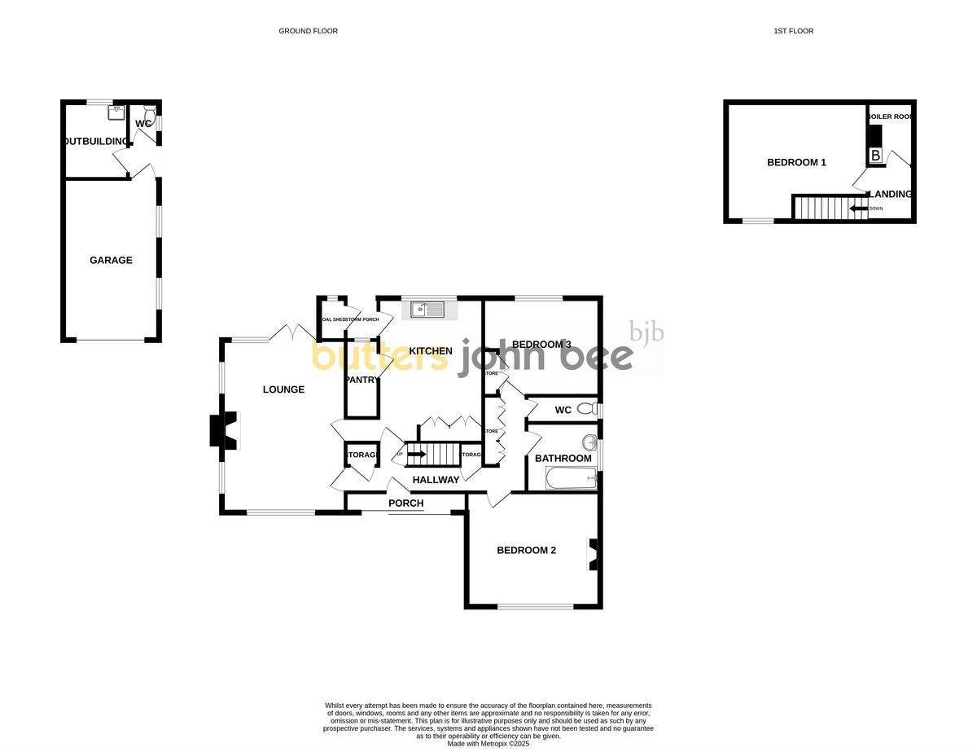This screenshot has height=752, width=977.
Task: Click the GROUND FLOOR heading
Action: click(x=308, y=31)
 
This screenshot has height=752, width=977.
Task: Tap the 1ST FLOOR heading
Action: click(x=793, y=31)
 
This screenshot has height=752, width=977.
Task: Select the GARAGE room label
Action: click(x=111, y=261)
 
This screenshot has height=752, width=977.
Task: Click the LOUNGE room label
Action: click(x=283, y=389)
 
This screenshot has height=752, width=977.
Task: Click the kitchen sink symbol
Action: click(x=427, y=309)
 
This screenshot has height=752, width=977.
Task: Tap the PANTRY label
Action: click(x=361, y=380)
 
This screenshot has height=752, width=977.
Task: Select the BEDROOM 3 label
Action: click(x=533, y=345)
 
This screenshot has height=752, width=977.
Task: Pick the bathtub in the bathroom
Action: click(x=571, y=478)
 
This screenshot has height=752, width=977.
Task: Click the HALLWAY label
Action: click(x=436, y=480)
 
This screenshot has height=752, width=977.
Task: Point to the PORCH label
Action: click(x=405, y=504)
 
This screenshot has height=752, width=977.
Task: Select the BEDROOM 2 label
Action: click(x=526, y=550)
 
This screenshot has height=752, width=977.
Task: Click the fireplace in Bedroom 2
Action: click(x=592, y=555)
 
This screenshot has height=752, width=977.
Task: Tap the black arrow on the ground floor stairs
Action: click(x=416, y=454)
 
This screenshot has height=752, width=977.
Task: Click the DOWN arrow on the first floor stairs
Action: click(x=858, y=209)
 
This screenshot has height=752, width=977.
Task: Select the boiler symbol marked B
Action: click(x=875, y=155)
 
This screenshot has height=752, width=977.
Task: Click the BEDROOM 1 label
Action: click(x=796, y=162)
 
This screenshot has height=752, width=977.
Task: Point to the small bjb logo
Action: click(x=647, y=332)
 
